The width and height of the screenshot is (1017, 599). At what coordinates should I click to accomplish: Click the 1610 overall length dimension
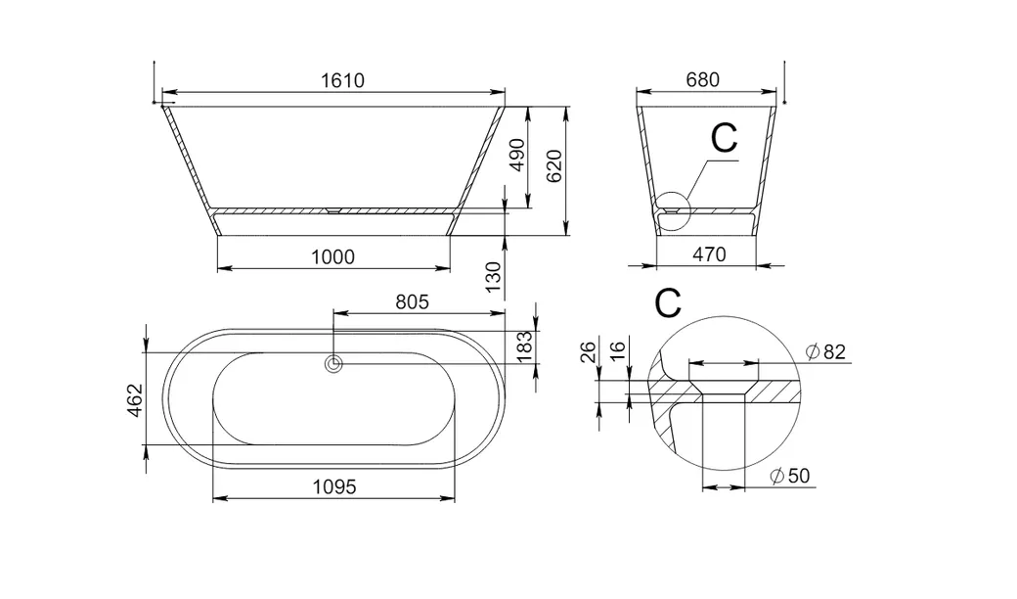pyautogui.click(x=342, y=80)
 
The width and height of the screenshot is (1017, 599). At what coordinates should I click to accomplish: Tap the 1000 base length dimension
pyautogui.click(x=332, y=257)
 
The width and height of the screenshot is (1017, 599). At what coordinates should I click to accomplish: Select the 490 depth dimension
pyautogui.click(x=517, y=155)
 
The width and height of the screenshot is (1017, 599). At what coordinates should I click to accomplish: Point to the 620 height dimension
pyautogui.click(x=553, y=165)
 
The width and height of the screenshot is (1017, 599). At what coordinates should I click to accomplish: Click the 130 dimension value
pyautogui.click(x=494, y=277)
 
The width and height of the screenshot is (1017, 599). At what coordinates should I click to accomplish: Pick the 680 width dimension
pyautogui.click(x=702, y=80)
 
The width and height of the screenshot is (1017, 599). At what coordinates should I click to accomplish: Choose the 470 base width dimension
pyautogui.click(x=709, y=254)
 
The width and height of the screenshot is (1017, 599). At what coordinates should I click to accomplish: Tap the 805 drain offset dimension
pyautogui.click(x=413, y=301)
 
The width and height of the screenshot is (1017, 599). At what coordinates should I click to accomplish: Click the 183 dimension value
pyautogui.click(x=525, y=346)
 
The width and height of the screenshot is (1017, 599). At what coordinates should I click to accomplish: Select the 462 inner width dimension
pyautogui.click(x=134, y=399)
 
